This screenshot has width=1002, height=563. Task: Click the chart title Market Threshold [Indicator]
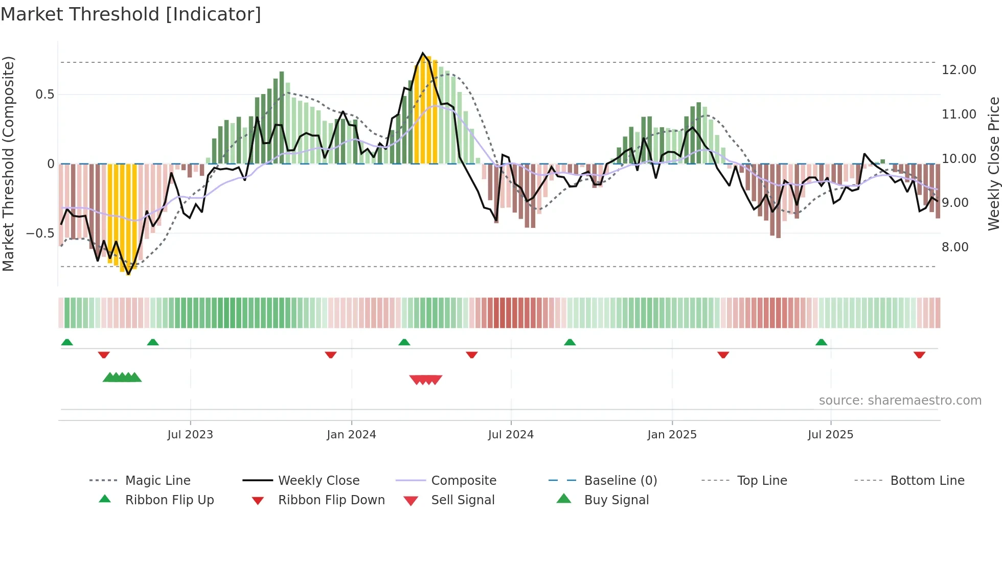click(x=131, y=14)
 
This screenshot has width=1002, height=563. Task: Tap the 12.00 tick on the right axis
click(x=959, y=70)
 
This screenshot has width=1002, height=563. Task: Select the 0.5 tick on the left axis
click(x=44, y=95)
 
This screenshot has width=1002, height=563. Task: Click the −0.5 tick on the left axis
click(x=40, y=233)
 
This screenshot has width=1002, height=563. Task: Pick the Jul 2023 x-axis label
click(x=190, y=435)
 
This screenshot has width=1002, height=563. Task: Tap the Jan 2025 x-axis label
click(x=672, y=435)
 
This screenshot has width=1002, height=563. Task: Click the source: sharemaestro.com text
click(x=900, y=401)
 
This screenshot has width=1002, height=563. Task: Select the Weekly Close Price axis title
click(x=993, y=163)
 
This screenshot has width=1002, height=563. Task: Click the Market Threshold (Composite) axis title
click(x=8, y=163)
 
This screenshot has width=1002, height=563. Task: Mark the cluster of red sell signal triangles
click(x=425, y=380)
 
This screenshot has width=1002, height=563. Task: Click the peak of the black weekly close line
click(x=423, y=53)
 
